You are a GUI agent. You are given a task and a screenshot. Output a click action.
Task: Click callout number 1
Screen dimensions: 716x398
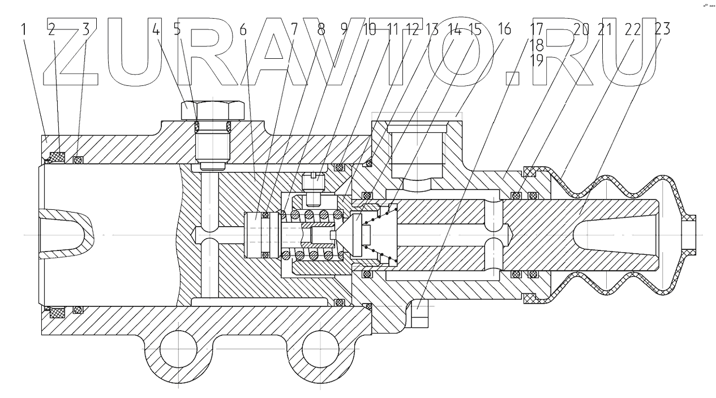pos(24,31)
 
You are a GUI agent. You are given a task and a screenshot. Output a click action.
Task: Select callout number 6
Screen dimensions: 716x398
pos(243,31)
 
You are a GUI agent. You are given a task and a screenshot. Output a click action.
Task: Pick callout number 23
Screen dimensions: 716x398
pos(662,31)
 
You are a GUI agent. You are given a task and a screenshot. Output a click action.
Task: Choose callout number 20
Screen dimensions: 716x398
pos(581,31)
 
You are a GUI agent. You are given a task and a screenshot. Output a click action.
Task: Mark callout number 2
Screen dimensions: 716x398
pos(52,31)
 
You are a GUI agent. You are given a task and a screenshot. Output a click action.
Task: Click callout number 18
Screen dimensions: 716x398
pos(537,46)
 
